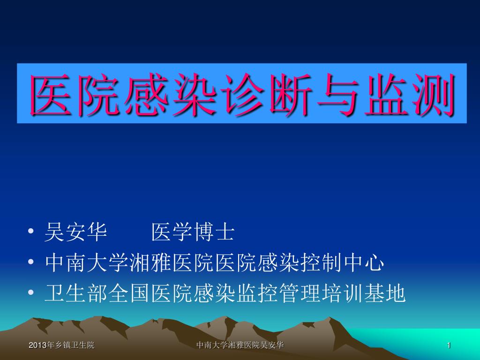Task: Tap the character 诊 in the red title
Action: point(241,95)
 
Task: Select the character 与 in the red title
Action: point(337,95)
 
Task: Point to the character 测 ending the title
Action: point(432,95)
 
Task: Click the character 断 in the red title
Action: point(289,95)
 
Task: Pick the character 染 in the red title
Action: point(194,95)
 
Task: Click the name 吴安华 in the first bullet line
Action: point(75,232)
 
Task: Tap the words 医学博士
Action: point(193,232)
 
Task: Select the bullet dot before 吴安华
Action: point(30,231)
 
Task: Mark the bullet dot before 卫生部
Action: point(30,292)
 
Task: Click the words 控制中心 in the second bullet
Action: point(342,262)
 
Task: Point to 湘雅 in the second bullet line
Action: point(150,262)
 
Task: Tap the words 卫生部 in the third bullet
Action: point(75,293)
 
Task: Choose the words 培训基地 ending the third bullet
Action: point(364,293)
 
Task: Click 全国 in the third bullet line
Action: point(128,293)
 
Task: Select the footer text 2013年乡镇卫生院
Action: point(61,345)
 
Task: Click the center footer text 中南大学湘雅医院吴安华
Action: point(240,345)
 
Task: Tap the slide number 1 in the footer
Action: point(449,345)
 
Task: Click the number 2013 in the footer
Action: point(37,345)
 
